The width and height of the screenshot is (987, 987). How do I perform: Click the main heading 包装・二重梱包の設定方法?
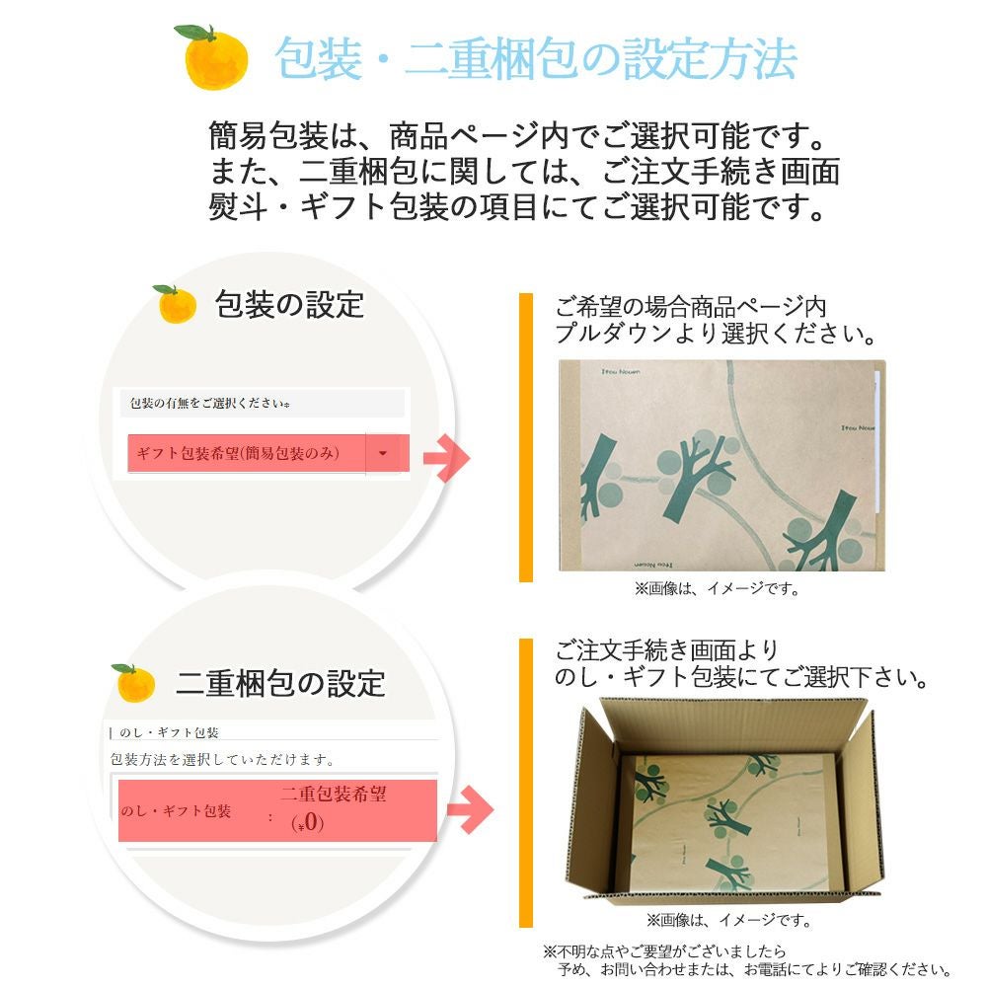pos(537,59)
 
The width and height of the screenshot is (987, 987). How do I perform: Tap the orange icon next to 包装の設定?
pos(177,304)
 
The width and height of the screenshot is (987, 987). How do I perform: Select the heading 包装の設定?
pos(289,304)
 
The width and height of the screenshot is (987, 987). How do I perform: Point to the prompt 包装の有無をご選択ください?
pos(211,404)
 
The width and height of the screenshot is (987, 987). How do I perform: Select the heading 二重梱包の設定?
pos(280,682)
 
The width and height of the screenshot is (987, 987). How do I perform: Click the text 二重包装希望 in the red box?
pos(333,796)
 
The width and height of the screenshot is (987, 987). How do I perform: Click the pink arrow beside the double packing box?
pos(470,810)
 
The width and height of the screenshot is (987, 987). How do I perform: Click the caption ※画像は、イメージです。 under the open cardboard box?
pos(728,920)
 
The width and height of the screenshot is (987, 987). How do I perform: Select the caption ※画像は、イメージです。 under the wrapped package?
pos(716,588)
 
